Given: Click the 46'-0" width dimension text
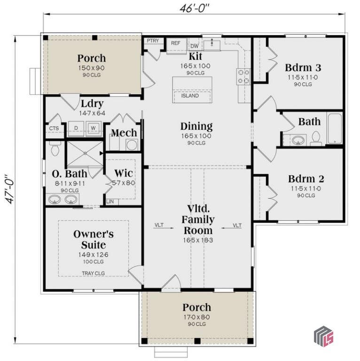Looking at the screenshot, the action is click(x=194, y=8).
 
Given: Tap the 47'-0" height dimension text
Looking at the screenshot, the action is click(x=10, y=189).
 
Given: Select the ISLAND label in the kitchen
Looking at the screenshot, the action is click(x=190, y=96).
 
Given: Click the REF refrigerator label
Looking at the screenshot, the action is click(x=176, y=43).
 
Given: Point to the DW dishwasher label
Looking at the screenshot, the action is click(x=195, y=46).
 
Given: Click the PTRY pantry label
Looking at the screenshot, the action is click(x=153, y=41).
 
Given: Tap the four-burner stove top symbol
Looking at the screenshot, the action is click(x=243, y=77).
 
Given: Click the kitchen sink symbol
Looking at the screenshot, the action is click(x=212, y=45).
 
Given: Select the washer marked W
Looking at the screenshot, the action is click(x=93, y=128).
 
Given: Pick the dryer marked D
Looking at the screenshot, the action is click(x=76, y=128).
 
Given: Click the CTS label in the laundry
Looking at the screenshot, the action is click(x=54, y=128).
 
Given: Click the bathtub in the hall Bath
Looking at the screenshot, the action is click(x=335, y=128).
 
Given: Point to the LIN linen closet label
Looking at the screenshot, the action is click(x=110, y=202).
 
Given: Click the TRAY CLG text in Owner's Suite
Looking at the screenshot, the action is click(x=93, y=273).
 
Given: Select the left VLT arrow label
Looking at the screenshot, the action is click(x=159, y=225).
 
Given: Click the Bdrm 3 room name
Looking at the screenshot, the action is click(x=303, y=68).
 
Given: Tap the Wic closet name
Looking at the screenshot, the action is click(x=124, y=173).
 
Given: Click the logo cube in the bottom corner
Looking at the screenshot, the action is click(x=324, y=337).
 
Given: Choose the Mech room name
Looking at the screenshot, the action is click(x=124, y=133).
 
